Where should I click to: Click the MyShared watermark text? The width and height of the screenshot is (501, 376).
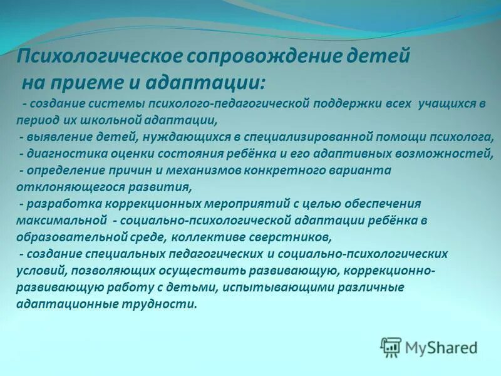pyautogui.click(x=440, y=347)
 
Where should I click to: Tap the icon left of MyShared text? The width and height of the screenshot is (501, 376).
pyautogui.click(x=391, y=347)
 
